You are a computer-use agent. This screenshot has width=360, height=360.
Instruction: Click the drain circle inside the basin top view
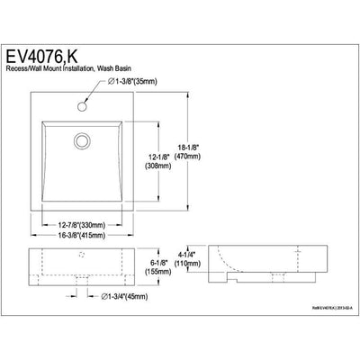pos(84,139)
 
